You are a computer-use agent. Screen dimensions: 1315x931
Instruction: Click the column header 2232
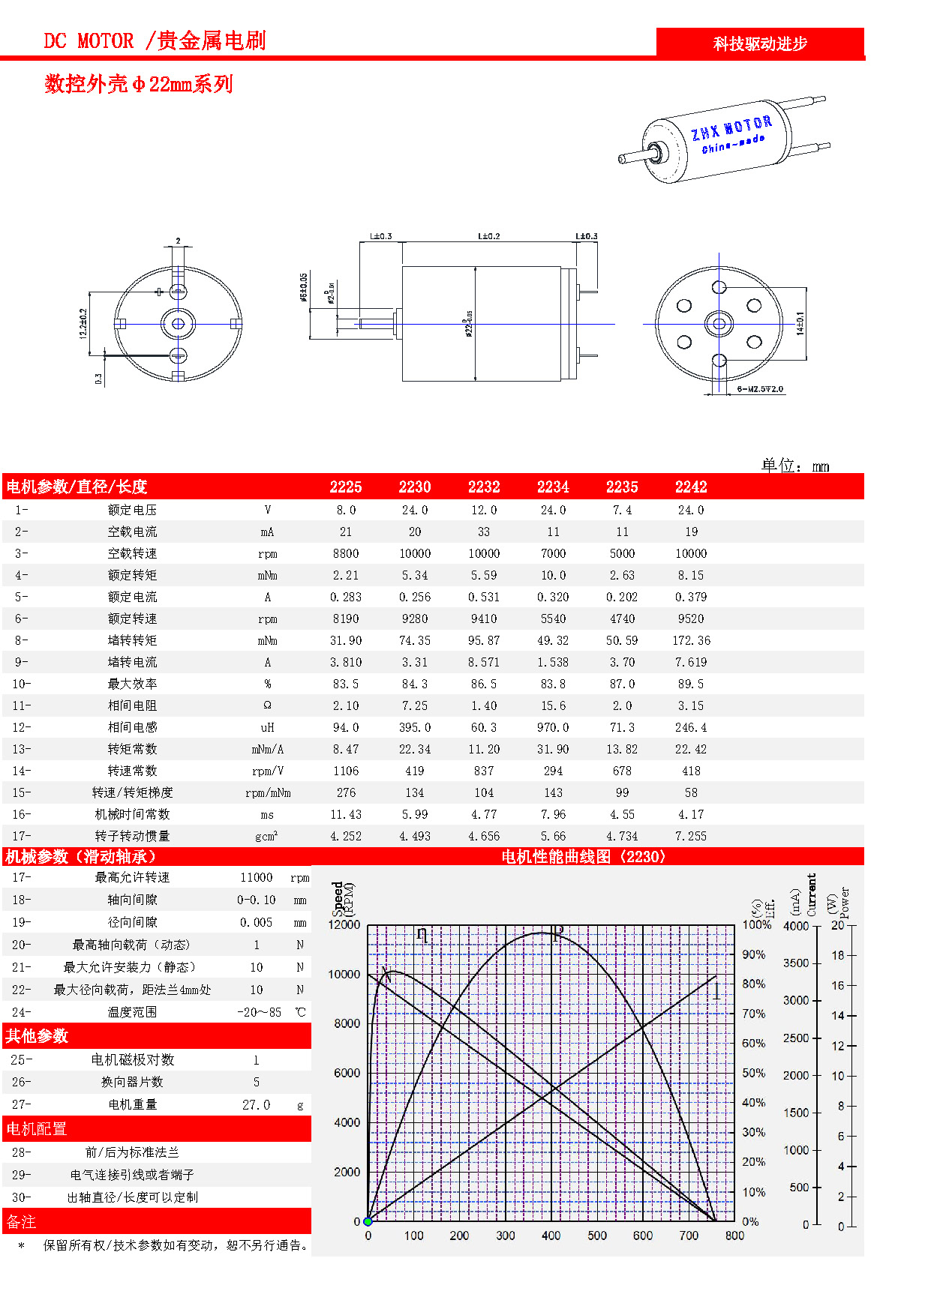click(x=484, y=487)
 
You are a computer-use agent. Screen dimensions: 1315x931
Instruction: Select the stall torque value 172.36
click(x=691, y=641)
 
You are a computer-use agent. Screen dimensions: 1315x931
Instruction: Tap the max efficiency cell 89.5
click(x=691, y=684)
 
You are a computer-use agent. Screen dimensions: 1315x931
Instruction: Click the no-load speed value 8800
click(x=346, y=554)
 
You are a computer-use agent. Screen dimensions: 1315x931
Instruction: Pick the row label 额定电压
click(x=132, y=511)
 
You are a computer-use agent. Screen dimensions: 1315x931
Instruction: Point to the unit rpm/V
click(x=268, y=771)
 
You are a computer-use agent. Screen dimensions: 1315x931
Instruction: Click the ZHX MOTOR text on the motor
click(x=731, y=128)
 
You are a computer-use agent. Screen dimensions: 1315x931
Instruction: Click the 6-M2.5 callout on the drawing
click(x=759, y=389)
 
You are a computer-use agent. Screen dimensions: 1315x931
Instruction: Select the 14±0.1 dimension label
click(x=800, y=324)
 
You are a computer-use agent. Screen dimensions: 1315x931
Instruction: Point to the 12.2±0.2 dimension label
click(x=83, y=323)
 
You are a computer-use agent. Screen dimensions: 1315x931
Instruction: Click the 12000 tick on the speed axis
click(x=344, y=925)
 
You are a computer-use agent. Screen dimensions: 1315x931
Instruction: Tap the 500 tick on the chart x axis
click(x=597, y=1236)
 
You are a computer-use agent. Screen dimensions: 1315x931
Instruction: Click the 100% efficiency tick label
click(x=756, y=925)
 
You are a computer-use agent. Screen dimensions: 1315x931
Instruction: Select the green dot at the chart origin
click(x=368, y=1222)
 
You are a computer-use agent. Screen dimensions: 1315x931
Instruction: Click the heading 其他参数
click(x=37, y=1037)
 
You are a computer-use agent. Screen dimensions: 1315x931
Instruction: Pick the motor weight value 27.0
click(x=256, y=1105)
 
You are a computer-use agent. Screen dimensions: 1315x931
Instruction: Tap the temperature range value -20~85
click(x=260, y=1013)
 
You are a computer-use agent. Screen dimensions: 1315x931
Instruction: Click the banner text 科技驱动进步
click(x=759, y=44)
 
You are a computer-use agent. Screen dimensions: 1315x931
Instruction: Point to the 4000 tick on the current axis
click(x=796, y=927)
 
